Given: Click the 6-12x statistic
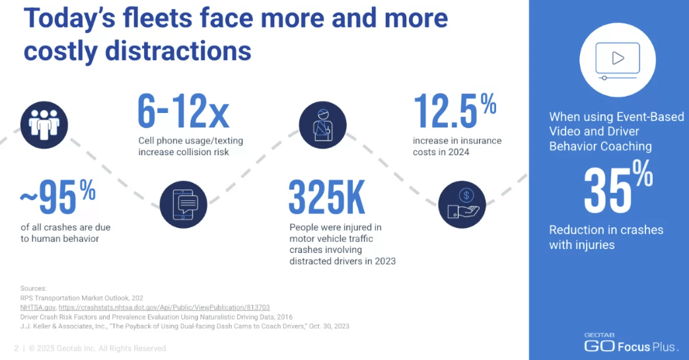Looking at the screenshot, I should [183, 112].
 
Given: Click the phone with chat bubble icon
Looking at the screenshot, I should [184, 205].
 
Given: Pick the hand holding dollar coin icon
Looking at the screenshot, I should [462, 203].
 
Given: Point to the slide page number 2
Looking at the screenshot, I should [16, 348].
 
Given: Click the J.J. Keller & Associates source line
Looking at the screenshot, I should [185, 326].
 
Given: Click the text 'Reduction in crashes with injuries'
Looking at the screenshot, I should [606, 237].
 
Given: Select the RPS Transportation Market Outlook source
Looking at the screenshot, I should [83, 299].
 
